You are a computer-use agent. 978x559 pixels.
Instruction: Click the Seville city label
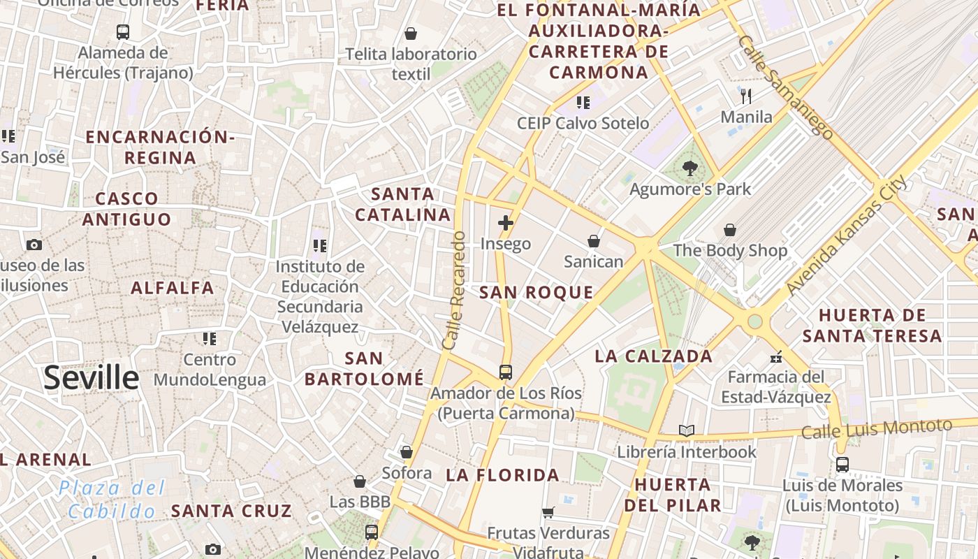point(92,377)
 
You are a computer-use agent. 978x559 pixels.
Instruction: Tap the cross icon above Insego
point(506,224)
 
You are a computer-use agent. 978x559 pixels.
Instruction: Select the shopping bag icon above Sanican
point(593,241)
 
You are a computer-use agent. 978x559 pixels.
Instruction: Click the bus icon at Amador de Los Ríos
point(506,372)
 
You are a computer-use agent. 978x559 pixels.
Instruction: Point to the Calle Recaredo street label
point(454,291)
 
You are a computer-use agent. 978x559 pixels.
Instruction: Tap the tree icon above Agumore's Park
point(690,168)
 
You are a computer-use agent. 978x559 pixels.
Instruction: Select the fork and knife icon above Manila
point(746,96)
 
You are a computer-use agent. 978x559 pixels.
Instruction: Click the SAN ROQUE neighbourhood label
point(537,293)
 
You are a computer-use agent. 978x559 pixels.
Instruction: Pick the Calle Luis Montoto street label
point(877,428)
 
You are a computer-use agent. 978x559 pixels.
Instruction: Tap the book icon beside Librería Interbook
point(687,431)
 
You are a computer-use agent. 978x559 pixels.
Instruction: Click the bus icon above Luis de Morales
point(842,465)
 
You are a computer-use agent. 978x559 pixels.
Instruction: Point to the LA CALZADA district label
point(653,356)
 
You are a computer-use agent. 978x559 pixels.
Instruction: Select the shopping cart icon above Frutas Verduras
point(548,512)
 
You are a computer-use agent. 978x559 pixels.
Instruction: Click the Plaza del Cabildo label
point(112,499)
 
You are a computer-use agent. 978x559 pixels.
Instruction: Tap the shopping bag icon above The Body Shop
point(730,230)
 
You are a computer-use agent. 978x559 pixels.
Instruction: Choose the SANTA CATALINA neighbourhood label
point(402,204)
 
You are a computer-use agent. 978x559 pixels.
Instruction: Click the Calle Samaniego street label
point(784,87)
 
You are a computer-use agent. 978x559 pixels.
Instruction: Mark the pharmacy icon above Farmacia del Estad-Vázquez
point(775,358)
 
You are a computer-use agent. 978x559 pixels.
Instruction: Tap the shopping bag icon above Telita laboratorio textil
point(411,34)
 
